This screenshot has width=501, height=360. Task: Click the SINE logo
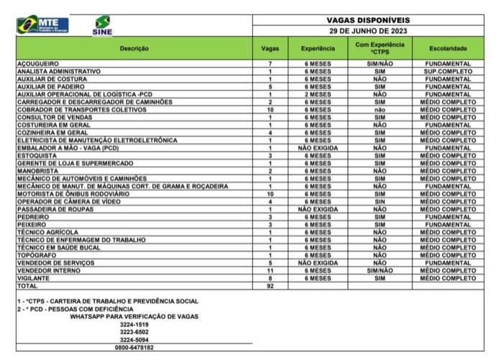(103, 25)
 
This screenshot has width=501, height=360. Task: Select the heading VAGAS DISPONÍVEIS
(368, 21)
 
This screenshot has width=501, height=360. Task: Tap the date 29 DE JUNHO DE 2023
(368, 32)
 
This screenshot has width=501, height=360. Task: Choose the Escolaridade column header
(448, 48)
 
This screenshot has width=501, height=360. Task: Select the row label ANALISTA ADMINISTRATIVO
(59, 72)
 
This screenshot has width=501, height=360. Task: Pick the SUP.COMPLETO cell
(448, 72)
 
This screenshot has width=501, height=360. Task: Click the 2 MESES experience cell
(316, 94)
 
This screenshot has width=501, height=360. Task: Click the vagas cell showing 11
(270, 270)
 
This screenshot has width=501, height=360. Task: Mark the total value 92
(270, 285)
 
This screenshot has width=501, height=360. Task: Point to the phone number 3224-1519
(134, 324)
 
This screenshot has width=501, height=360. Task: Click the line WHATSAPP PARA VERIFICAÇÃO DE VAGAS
(134, 317)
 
